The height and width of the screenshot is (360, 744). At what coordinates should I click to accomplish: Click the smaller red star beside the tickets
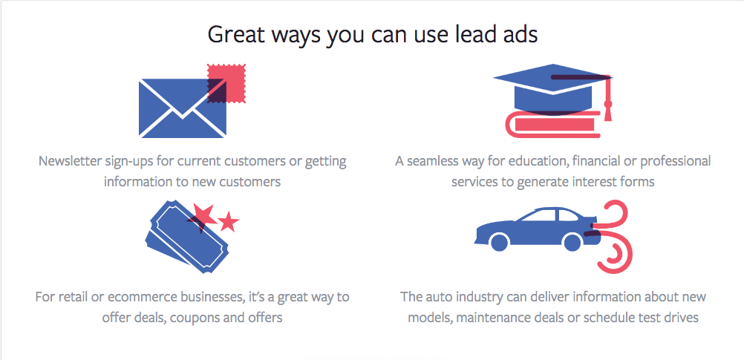click(229, 221)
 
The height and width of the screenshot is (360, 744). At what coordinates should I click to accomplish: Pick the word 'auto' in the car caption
click(443, 298)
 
